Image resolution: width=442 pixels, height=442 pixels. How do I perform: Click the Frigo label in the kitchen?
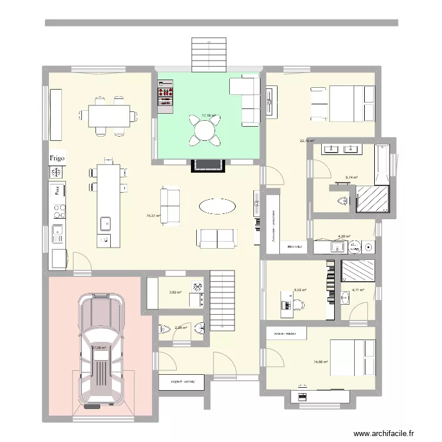point(57,158)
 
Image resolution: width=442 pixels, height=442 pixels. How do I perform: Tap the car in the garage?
point(101,351)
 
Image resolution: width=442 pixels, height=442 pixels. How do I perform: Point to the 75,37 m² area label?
point(153,216)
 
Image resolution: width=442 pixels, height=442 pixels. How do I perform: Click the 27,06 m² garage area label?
point(98,348)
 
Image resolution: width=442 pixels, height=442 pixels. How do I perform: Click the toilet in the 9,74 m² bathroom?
point(342,202)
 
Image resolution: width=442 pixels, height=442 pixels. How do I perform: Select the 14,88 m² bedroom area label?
point(321,362)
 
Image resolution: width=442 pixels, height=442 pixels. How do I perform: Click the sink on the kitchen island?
point(105,223)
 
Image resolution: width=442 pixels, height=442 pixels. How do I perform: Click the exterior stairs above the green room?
point(208,54)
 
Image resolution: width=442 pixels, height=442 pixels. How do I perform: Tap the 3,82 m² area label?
point(176,292)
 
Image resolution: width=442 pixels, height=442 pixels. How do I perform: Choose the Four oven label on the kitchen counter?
point(58,190)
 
